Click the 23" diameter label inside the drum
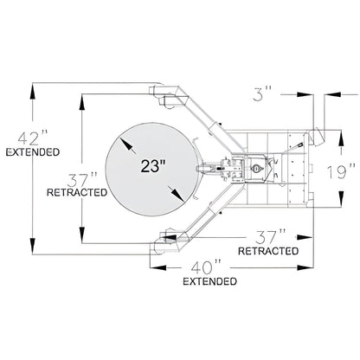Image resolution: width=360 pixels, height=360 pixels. click(x=153, y=166)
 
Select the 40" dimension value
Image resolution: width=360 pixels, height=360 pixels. click(x=206, y=267)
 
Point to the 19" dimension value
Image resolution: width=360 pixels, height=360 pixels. click(x=341, y=171)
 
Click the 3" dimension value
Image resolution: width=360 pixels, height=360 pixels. click(x=262, y=93)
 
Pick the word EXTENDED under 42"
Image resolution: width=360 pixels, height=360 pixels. click(x=33, y=151)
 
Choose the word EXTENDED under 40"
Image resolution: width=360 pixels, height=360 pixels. click(x=210, y=281)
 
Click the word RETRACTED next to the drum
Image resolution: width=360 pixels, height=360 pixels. click(x=77, y=192)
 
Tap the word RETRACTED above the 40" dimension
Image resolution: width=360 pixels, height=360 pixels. click(x=268, y=251)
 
